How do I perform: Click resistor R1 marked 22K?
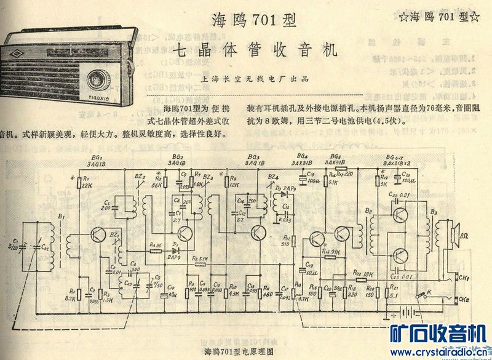point(79,182)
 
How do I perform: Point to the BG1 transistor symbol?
point(98,234)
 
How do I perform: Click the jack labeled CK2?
point(460,300)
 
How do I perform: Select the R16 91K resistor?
point(332,252)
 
